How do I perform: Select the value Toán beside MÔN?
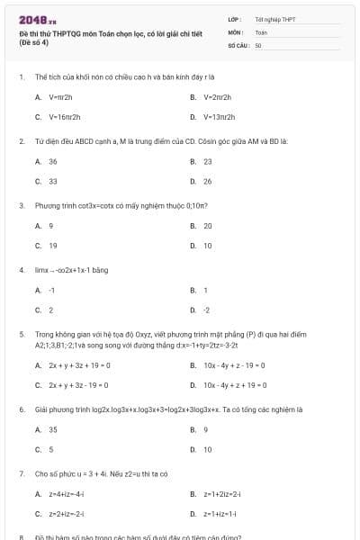pos(262,31)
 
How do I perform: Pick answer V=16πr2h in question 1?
pos(64,117)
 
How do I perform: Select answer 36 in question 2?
pos(53,161)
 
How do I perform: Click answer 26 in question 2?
pos(208,182)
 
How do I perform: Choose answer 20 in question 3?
pos(208,226)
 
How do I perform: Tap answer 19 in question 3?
pos(53,246)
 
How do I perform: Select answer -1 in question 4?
pos(52,290)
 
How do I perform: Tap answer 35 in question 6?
pos(53,429)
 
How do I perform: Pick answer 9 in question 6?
pos(206,429)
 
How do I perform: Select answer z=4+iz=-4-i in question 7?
pos(67,494)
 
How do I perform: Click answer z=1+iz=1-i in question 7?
pos(220,514)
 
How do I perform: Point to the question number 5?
pos(21,334)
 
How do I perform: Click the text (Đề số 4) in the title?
pos(34,42)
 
